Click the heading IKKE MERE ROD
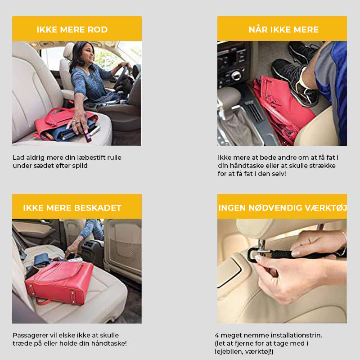(72, 30)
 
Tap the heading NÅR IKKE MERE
(283, 29)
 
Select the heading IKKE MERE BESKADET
(72, 208)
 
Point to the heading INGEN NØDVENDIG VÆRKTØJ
(283, 207)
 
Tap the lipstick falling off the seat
(85, 134)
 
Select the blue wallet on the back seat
(41, 260)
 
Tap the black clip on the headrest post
(252, 255)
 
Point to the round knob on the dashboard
(236, 75)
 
